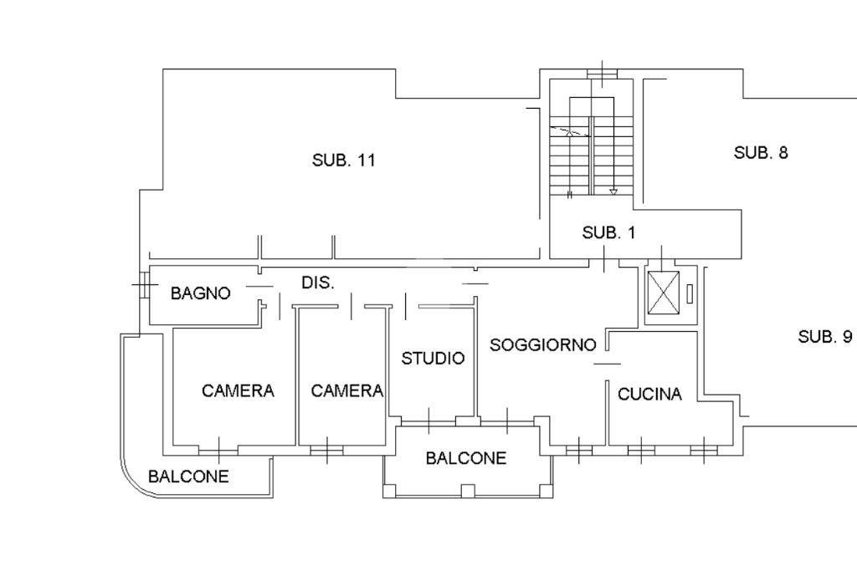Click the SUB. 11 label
[344, 161]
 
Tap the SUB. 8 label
[761, 153]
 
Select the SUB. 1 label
[609, 233]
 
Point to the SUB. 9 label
[824, 337]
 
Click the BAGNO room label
[201, 293]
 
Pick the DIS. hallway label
[318, 283]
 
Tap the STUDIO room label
[433, 359]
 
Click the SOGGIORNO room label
[542, 345]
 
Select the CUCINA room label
[649, 394]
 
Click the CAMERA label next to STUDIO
[347, 391]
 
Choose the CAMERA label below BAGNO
[238, 391]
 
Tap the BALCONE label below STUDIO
[466, 458]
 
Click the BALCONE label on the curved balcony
[188, 477]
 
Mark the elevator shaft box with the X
[663, 293]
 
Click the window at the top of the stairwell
[603, 74]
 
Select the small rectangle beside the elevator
[690, 293]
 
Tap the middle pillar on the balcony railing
[467, 491]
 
